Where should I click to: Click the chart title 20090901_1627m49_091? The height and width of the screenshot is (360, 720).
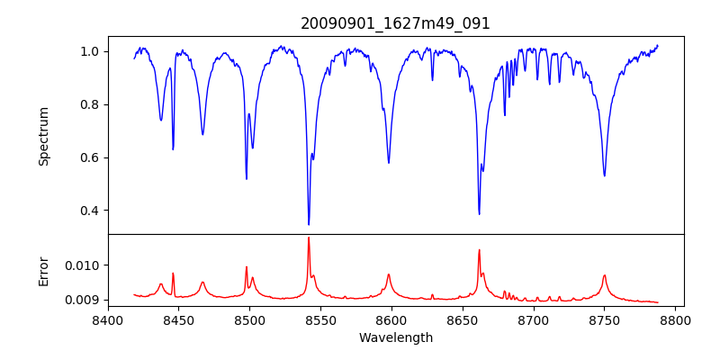pyautogui.click(x=395, y=23)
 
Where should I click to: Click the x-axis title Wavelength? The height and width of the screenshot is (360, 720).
pyautogui.click(x=395, y=337)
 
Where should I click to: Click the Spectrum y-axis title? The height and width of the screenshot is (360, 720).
pyautogui.click(x=44, y=136)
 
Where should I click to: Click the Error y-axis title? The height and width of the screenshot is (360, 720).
pyautogui.click(x=44, y=271)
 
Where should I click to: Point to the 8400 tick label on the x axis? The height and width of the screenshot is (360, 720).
pyautogui.click(x=108, y=319)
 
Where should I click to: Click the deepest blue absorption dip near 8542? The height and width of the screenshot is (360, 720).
pyautogui.click(x=309, y=224)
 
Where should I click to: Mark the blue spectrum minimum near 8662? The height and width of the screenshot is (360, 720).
pyautogui.click(x=479, y=213)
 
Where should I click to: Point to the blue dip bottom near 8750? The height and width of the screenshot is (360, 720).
pyautogui.click(x=604, y=175)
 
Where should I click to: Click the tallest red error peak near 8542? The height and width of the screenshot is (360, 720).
pyautogui.click(x=309, y=238)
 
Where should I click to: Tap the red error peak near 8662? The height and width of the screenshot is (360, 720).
pyautogui.click(x=479, y=250)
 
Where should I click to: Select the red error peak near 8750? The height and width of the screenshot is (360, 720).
pyautogui.click(x=604, y=275)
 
